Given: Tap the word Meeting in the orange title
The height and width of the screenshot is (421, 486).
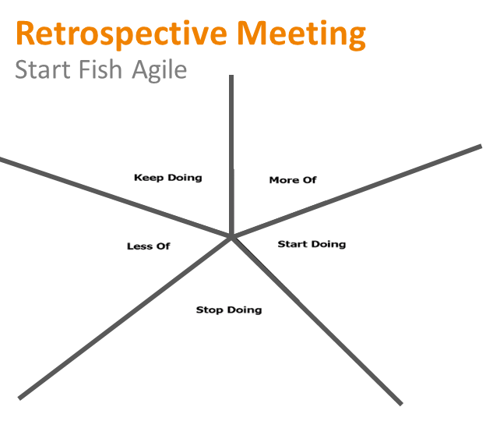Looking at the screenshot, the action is (302, 34).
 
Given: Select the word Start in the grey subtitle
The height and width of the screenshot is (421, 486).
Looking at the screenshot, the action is (43, 69).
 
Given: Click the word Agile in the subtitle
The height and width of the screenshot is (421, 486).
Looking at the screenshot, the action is (160, 71).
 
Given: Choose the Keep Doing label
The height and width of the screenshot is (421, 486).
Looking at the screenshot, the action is (168, 178).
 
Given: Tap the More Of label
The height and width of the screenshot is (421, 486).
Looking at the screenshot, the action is (293, 180).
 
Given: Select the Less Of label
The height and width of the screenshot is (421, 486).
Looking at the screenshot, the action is (149, 246).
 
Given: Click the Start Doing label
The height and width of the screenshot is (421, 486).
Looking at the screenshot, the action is (312, 245).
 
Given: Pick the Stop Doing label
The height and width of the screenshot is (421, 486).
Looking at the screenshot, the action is (229, 310).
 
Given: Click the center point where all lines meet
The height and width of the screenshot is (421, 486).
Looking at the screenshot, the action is (231, 237).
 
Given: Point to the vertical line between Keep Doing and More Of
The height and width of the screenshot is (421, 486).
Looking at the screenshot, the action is (231, 156).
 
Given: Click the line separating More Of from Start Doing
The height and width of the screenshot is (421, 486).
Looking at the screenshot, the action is (357, 192).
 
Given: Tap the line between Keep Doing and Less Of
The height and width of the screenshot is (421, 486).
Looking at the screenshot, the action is (115, 198).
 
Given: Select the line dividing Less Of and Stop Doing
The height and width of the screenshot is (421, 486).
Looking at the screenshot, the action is (125, 318).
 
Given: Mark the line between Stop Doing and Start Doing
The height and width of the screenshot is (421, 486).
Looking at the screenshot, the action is (317, 321).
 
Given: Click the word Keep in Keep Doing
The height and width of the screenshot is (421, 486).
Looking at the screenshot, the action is (149, 178).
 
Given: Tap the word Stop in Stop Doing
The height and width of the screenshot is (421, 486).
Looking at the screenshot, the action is (210, 310).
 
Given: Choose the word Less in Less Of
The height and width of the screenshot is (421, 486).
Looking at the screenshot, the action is (139, 246).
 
